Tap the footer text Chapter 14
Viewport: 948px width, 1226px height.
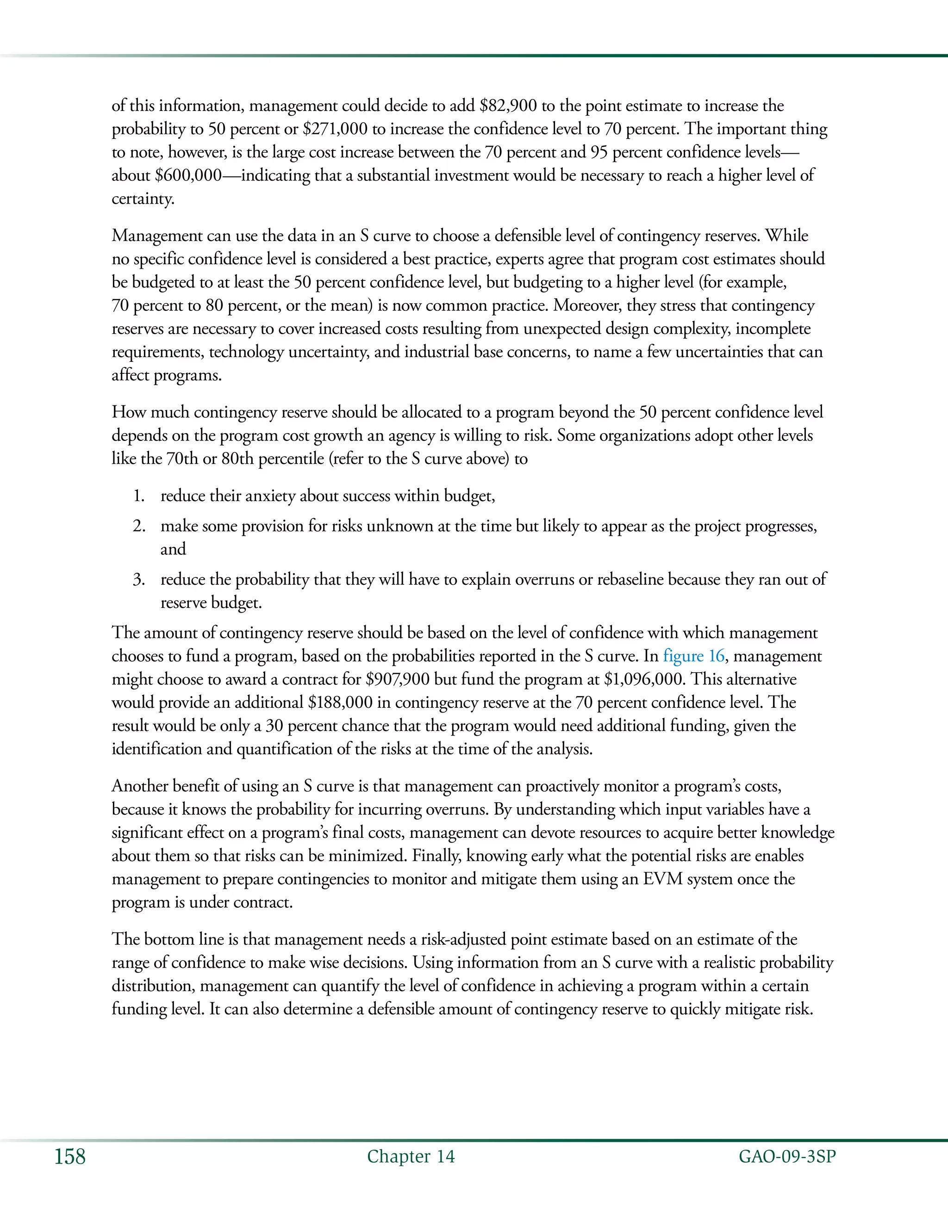[411, 1157]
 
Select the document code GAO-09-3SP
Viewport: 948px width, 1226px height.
[787, 1157]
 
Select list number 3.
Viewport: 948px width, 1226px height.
[139, 580]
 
